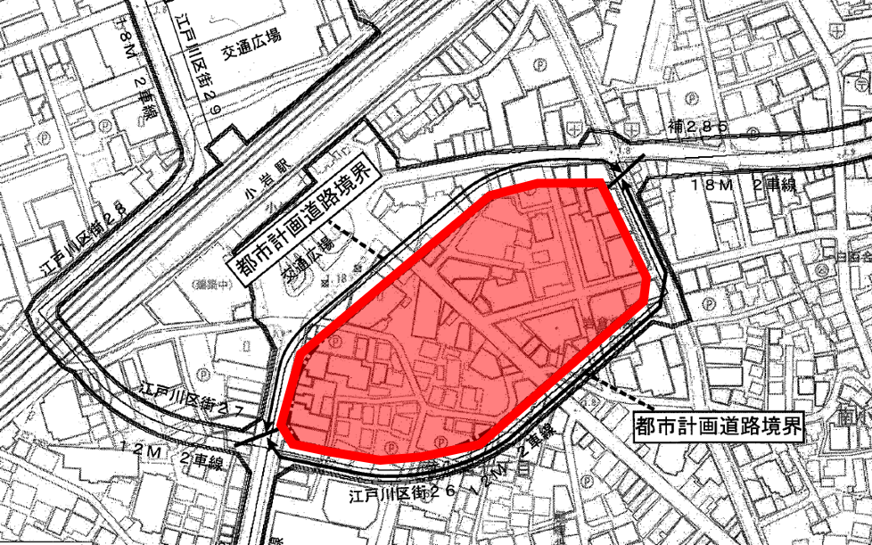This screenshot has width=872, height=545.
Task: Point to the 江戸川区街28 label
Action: [86, 237]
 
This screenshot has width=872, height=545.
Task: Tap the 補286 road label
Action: [697, 128]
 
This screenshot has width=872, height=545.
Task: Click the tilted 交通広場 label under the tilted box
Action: [307, 258]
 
